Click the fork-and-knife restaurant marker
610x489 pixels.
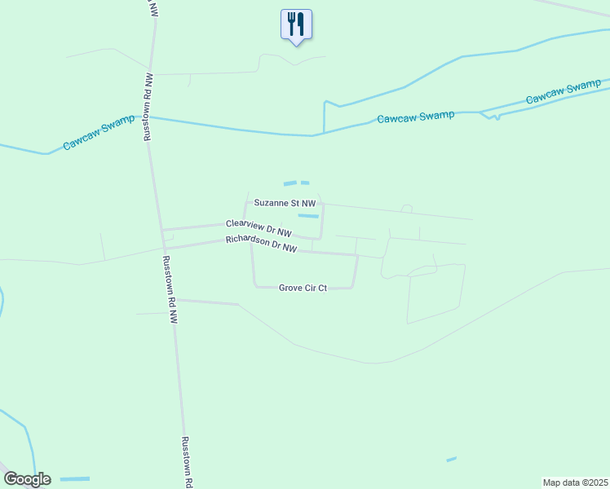point(296,24)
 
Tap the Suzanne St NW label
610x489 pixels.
point(284,202)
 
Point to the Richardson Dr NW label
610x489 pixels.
point(261,244)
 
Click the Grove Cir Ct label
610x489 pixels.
point(303,288)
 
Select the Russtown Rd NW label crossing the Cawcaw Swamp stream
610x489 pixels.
point(148,107)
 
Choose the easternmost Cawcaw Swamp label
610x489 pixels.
point(564,92)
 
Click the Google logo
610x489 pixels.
point(27,479)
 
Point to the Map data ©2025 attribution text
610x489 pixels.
point(575,482)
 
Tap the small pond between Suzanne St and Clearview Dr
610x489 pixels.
point(308,216)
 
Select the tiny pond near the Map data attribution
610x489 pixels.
point(451,460)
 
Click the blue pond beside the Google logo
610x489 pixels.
point(75,478)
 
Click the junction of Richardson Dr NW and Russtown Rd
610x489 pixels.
point(164,248)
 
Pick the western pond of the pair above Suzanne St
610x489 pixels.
point(290,183)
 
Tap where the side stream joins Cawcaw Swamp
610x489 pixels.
point(324,133)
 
